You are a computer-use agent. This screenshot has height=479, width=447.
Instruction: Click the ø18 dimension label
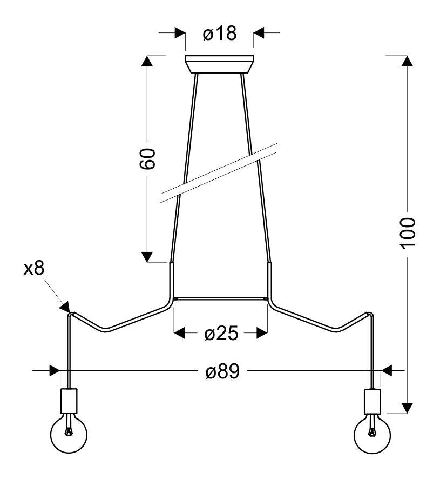pos(219,33)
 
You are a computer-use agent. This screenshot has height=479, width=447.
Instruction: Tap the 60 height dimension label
pos(147,159)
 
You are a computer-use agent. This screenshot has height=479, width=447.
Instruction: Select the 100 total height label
pos(408,234)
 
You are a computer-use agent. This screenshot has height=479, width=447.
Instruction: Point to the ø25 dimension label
pos(221,333)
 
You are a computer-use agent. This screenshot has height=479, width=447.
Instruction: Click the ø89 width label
pos(223,371)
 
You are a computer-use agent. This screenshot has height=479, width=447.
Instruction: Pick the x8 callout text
pos(34,268)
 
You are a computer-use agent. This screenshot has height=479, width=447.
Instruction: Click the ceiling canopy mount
pos(219,64)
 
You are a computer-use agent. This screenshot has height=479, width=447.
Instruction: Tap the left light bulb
pos(69,434)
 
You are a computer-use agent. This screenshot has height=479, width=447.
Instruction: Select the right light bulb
pos(372,434)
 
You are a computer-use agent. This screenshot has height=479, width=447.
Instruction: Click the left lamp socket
pos(69,401)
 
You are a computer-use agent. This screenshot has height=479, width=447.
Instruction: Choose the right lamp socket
pos(372,401)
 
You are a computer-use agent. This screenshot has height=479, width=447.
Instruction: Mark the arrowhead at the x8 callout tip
pos(65,307)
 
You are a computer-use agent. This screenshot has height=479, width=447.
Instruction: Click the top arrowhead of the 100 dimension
pos(407,61)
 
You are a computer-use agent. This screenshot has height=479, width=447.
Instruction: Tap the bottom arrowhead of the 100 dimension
pos(407,408)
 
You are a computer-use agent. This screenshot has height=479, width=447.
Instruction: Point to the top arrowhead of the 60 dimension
pos(147,61)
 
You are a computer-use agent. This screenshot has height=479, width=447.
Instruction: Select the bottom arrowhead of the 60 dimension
pos(147,257)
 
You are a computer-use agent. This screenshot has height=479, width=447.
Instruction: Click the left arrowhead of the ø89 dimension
pos(55,370)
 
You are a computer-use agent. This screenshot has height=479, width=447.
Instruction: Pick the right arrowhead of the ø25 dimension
pos(262,333)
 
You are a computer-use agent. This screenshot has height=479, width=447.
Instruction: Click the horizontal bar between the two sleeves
pos(221,298)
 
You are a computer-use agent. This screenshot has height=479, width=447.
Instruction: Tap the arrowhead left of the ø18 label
pos(180,32)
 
